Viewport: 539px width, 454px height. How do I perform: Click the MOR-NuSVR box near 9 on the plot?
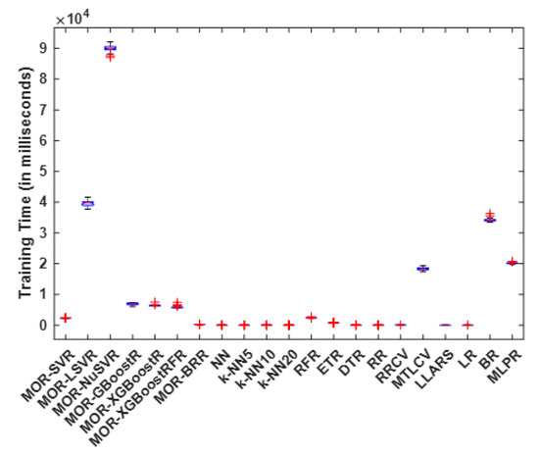[x=110, y=47]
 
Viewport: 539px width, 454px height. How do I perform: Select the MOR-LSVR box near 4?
[x=87, y=203]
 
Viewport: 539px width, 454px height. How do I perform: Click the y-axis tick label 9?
[x=41, y=47]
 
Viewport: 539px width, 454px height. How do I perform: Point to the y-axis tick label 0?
[x=41, y=325]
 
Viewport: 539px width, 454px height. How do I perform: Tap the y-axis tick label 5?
[x=41, y=171]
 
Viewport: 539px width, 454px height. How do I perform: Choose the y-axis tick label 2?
[x=41, y=263]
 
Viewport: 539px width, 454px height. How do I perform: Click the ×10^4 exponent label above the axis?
[x=70, y=18]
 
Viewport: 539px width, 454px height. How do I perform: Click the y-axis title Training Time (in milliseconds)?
[x=17, y=186]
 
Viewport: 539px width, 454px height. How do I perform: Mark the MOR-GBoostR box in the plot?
[x=132, y=304]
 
